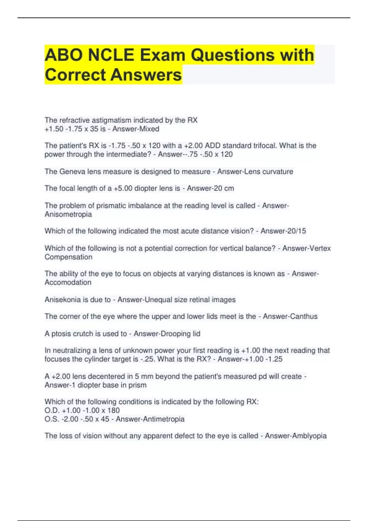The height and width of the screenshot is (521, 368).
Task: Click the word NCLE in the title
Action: (x=111, y=55)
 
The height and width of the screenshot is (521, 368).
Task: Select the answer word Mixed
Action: (x=149, y=129)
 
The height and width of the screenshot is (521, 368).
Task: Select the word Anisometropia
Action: (x=68, y=214)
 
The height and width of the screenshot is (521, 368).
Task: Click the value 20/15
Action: (x=296, y=231)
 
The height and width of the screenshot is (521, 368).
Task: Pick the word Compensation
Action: (x=68, y=257)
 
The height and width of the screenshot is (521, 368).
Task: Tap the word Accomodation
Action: (x=68, y=283)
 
